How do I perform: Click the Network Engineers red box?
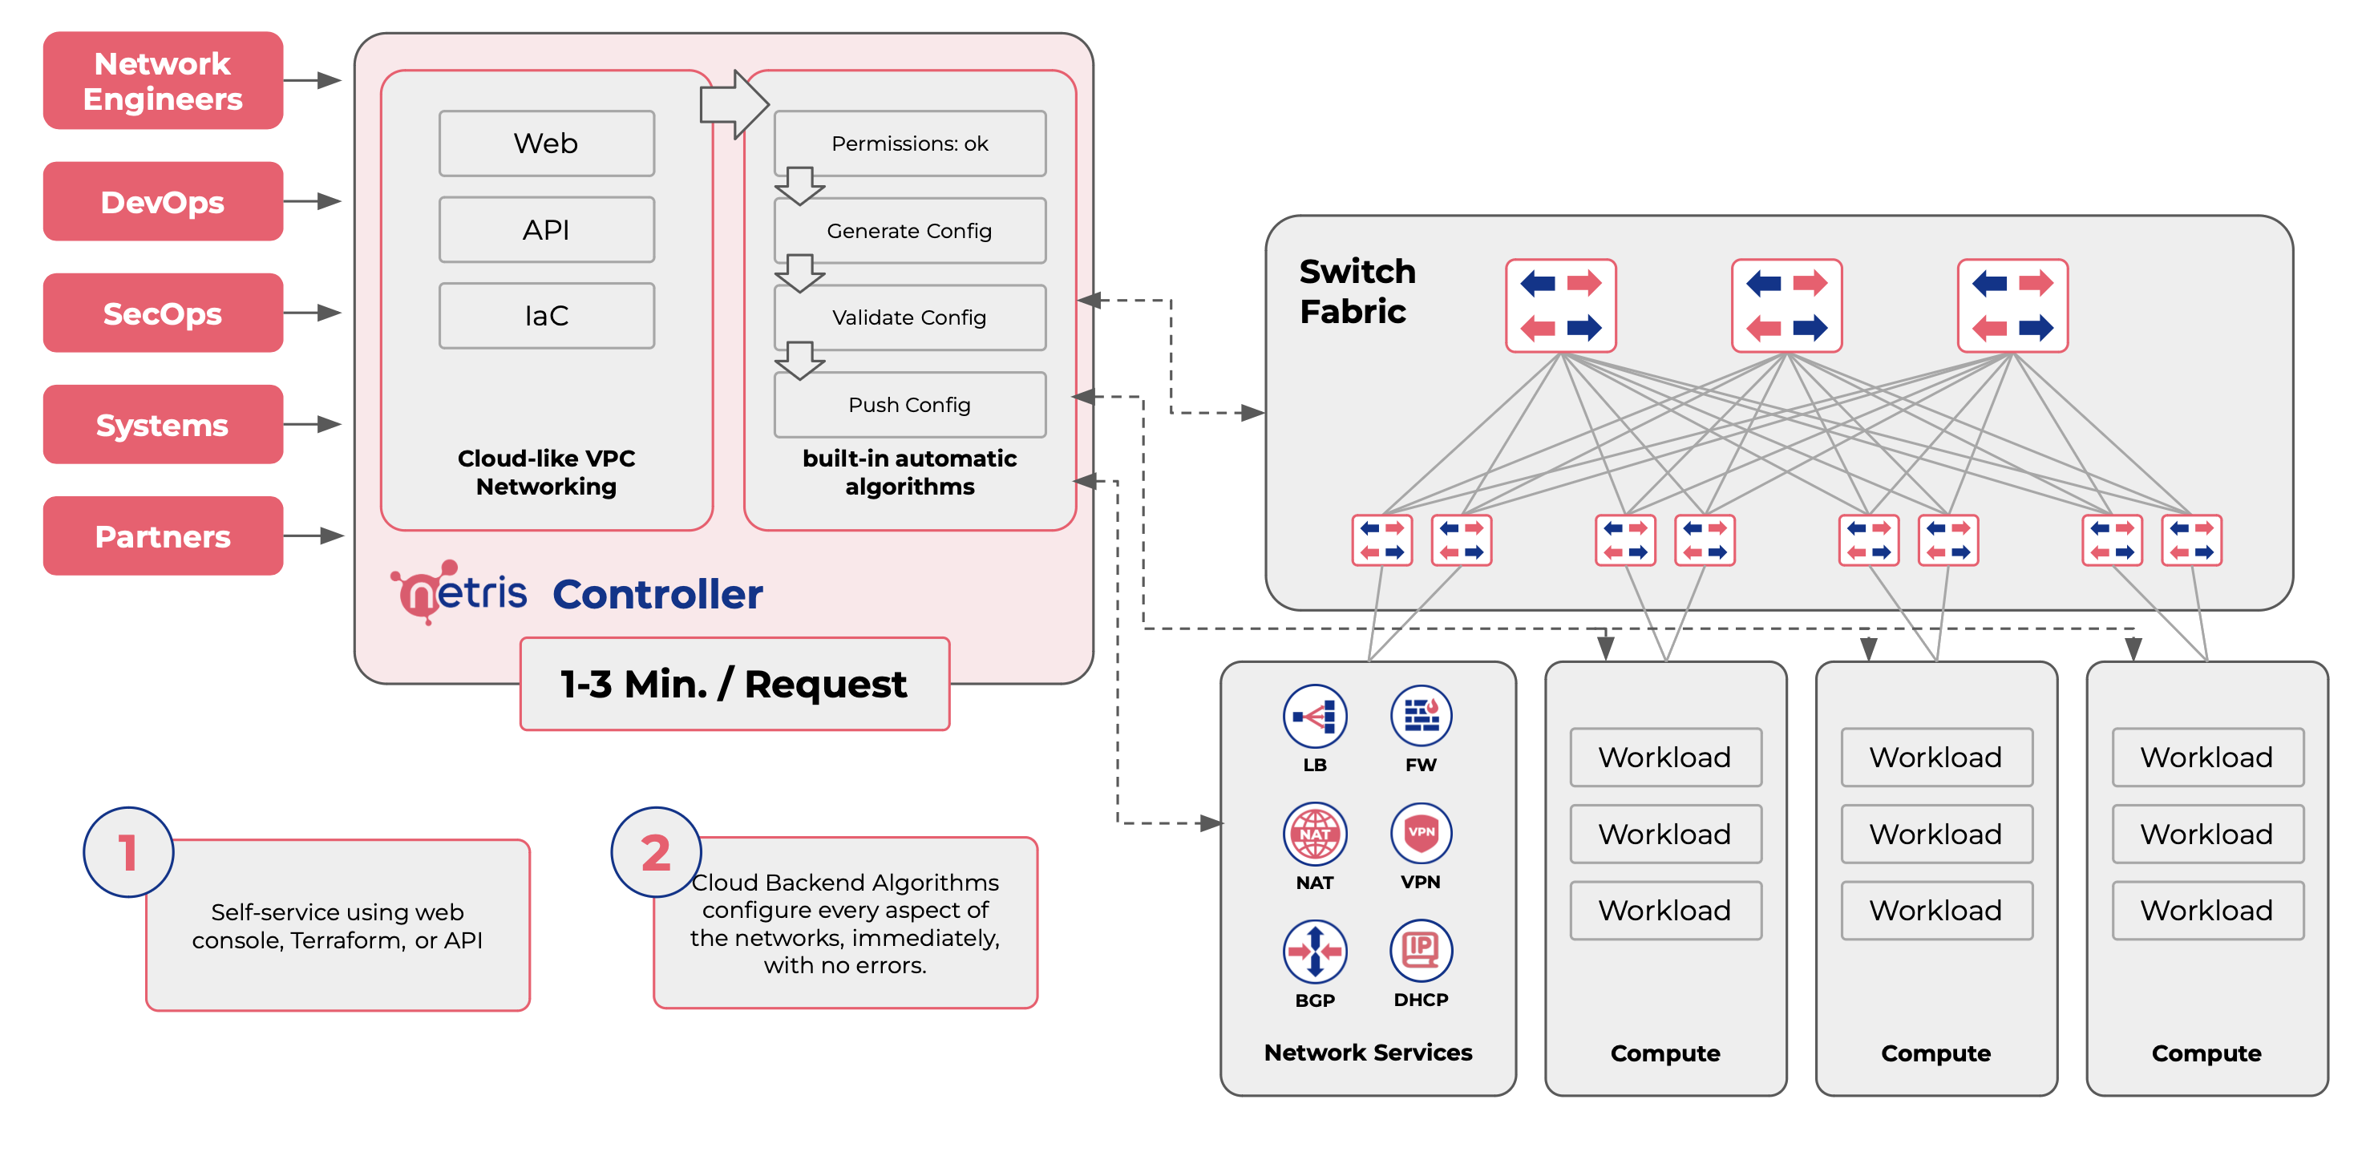[163, 81]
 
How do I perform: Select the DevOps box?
[163, 201]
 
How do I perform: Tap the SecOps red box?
[163, 313]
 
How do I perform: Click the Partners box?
[163, 536]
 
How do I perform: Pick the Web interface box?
[547, 143]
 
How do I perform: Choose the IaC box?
[547, 316]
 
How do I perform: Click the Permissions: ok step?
[909, 143]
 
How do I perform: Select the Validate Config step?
[909, 317]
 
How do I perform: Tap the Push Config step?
[909, 405]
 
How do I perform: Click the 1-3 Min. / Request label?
[734, 684]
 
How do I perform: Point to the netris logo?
[460, 592]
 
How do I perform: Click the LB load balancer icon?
[1315, 716]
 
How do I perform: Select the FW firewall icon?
[1421, 716]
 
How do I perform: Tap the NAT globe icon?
[1315, 834]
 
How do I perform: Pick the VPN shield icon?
[1421, 833]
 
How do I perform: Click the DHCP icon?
[1421, 951]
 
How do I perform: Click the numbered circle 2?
[656, 852]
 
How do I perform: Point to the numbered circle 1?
[129, 852]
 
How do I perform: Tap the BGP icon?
[1315, 951]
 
